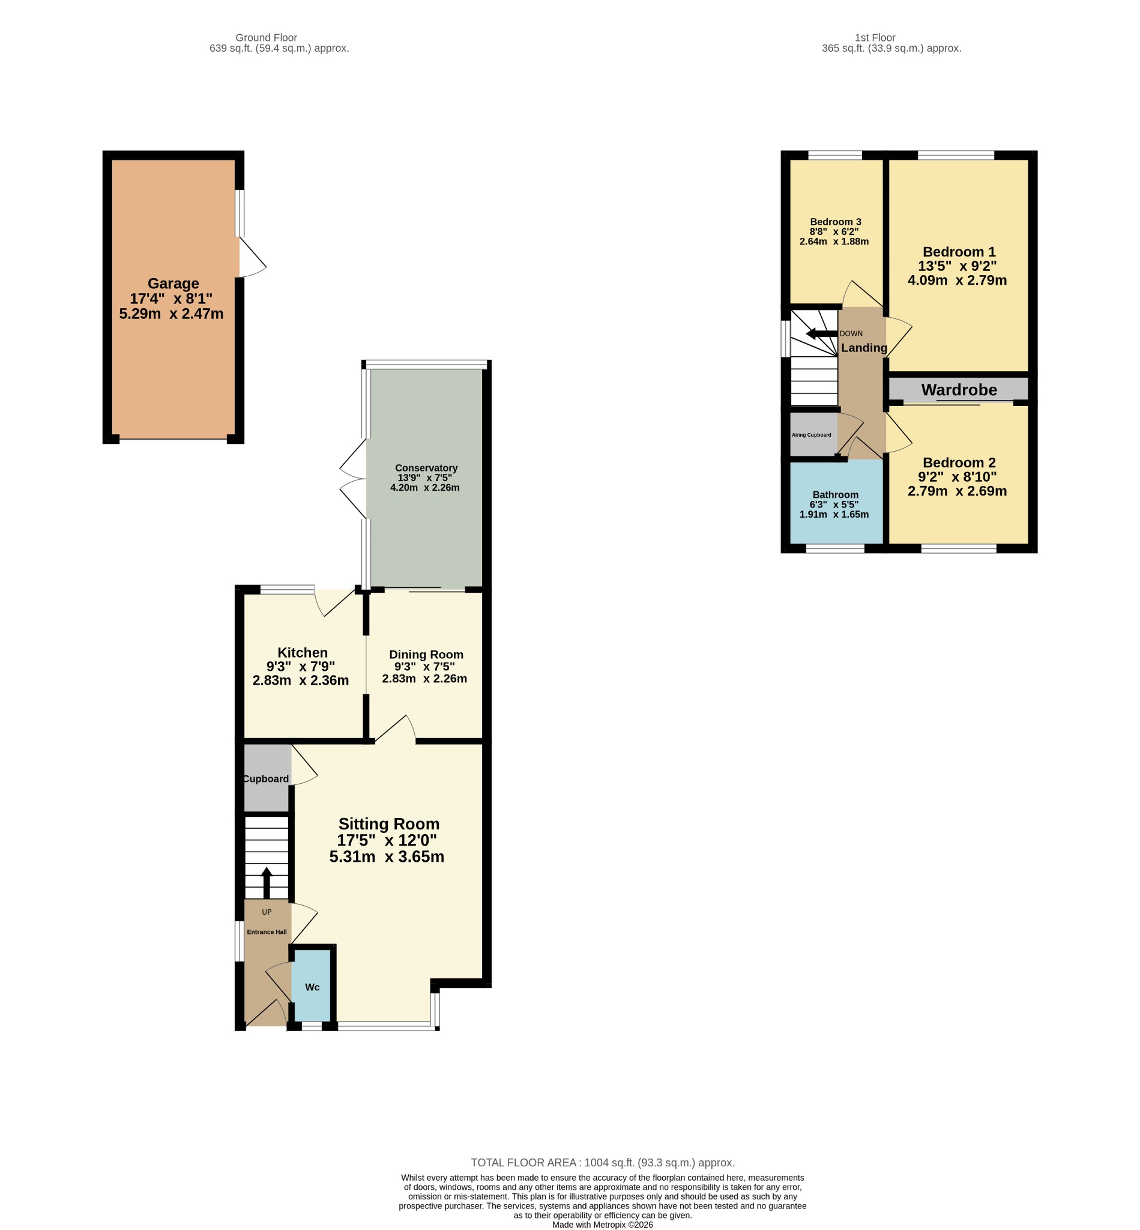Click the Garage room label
point(173,284)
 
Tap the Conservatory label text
point(426,468)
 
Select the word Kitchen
point(303,652)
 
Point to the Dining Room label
point(426,654)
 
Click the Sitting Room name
point(388,824)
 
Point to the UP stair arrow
point(267,882)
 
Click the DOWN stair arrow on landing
point(822,334)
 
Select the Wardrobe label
point(959,390)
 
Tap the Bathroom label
point(835,494)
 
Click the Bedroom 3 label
point(835,222)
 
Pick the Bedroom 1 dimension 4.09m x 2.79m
point(957,280)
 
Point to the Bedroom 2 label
point(959,462)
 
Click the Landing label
point(864,348)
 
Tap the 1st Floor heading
point(875,38)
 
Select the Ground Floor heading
point(267,38)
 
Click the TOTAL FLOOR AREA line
point(603,1163)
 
